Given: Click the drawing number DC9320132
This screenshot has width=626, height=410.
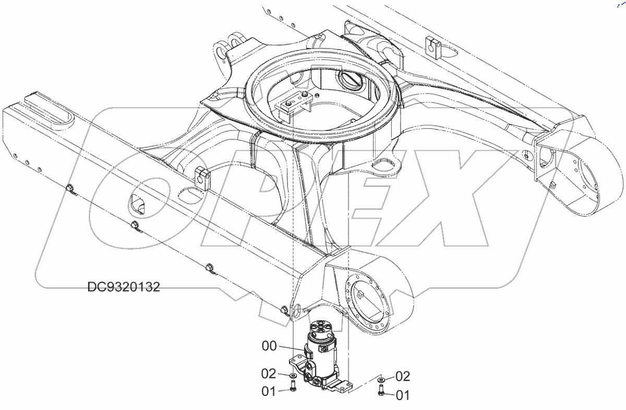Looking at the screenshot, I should tap(124, 287).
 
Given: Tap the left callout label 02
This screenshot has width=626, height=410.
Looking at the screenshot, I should tap(269, 373).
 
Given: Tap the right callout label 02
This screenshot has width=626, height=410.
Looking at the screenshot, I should tap(403, 376).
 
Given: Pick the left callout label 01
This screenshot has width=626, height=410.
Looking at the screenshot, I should tap(269, 391).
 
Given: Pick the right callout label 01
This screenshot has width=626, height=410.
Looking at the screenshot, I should tap(403, 395).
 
